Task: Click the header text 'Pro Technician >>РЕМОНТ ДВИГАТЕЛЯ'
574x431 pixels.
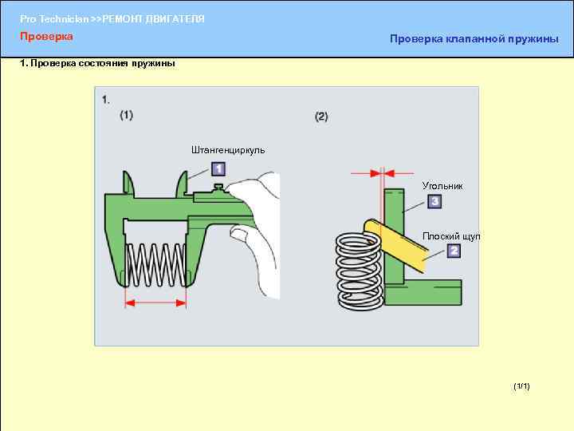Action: pyautogui.click(x=112, y=18)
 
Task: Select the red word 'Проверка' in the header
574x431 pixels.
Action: pyautogui.click(x=46, y=37)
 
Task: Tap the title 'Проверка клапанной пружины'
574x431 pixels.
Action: pyautogui.click(x=474, y=40)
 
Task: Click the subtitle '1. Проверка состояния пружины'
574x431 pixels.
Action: pyautogui.click(x=96, y=64)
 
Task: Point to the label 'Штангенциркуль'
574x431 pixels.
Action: pyautogui.click(x=228, y=149)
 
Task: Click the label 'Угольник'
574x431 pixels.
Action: pyautogui.click(x=442, y=186)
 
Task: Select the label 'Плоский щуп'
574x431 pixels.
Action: pyautogui.click(x=452, y=236)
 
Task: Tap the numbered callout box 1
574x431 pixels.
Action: pyautogui.click(x=218, y=169)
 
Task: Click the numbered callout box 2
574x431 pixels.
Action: pyautogui.click(x=454, y=251)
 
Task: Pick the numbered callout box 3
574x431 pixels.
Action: pyautogui.click(x=434, y=202)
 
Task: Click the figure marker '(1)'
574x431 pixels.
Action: pyautogui.click(x=127, y=115)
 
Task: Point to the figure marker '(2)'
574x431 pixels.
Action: pyautogui.click(x=321, y=117)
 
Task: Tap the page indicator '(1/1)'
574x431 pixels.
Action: pyautogui.click(x=521, y=386)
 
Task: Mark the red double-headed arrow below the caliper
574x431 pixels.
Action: pyautogui.click(x=155, y=303)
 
